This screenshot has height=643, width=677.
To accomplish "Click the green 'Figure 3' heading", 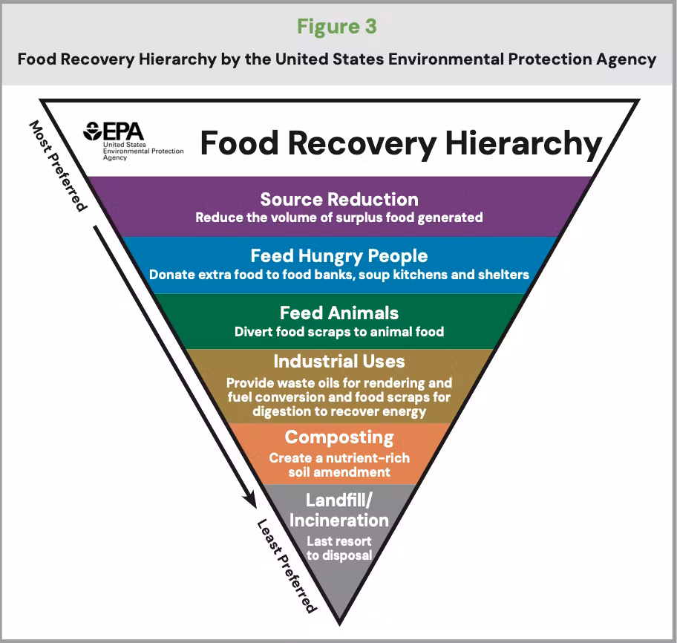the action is click(337, 27).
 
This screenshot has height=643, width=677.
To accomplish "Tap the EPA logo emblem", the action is click(92, 131).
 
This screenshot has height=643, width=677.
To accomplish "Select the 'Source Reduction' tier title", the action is click(339, 200).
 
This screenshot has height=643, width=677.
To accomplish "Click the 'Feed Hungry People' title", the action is click(339, 256).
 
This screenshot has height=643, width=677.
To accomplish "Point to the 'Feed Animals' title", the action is click(339, 313).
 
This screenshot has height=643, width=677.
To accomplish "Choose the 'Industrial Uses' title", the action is click(339, 362).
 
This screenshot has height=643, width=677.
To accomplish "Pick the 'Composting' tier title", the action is click(339, 438).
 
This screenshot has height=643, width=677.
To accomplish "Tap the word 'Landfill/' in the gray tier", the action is click(339, 500).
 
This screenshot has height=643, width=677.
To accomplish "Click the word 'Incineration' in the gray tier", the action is click(339, 520).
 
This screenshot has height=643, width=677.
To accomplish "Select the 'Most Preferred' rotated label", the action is click(58, 166).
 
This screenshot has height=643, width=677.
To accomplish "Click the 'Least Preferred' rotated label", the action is click(287, 566).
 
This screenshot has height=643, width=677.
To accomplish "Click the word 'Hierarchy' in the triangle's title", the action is click(523, 144).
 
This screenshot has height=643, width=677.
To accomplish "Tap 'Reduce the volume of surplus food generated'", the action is click(339, 218).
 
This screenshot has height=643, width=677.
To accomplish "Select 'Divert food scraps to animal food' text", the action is click(339, 332).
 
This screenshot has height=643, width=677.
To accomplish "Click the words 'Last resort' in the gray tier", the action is click(339, 541).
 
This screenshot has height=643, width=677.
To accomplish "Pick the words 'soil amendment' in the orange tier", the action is click(339, 472).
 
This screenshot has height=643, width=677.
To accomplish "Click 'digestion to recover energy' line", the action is click(339, 411).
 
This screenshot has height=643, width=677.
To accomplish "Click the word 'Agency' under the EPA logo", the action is click(115, 157).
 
